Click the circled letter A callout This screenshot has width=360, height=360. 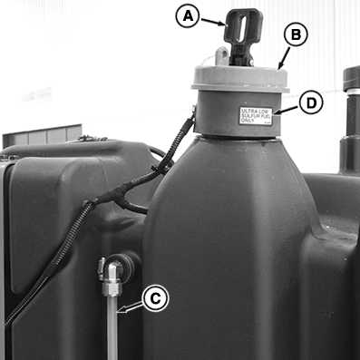tap(188, 16)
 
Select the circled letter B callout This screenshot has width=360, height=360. tap(296, 34)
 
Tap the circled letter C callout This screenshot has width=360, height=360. tap(155, 299)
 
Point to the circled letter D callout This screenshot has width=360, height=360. tap(311, 102)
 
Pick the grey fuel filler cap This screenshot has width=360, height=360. tap(240, 79)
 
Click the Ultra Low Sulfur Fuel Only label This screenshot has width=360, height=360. tap(256, 116)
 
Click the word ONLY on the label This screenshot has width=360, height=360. tap(248, 121)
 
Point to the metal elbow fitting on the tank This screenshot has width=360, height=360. tap(112, 275)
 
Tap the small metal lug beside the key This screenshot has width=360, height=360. tap(222, 55)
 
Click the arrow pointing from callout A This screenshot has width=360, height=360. tap(213, 22)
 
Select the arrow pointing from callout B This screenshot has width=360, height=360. tap(284, 58)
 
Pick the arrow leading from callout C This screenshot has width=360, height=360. tap(130, 307)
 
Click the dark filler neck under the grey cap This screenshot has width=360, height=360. tap(238, 113)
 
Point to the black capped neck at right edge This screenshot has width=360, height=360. tap(351, 120)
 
